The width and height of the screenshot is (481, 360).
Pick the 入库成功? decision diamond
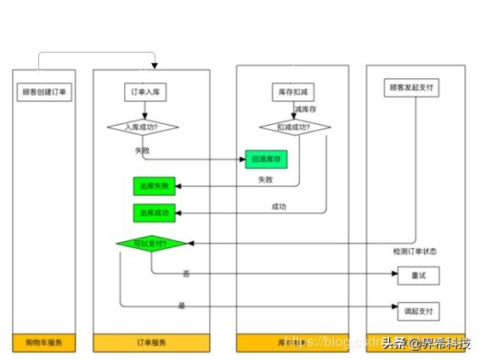pyautogui.click(x=144, y=128)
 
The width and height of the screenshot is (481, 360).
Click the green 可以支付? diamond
pyautogui.click(x=152, y=244)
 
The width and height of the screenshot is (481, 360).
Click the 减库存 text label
pyautogui.click(x=306, y=110)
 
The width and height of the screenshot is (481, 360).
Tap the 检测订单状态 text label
pyautogui.click(x=414, y=251)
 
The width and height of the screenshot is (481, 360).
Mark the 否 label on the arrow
pyautogui.click(x=185, y=273)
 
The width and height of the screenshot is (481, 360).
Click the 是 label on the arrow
pyautogui.click(x=182, y=305)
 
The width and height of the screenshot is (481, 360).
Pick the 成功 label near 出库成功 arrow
pyautogui.click(x=279, y=206)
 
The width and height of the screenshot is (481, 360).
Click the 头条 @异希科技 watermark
pyautogui.click(x=427, y=343)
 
